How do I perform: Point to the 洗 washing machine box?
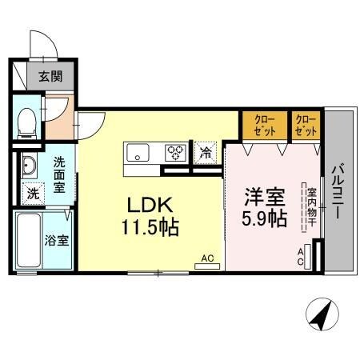[32, 192]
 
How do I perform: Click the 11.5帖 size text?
[150, 226]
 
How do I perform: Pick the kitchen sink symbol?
[137, 150]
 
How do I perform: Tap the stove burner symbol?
[175, 150]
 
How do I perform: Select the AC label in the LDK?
[207, 258]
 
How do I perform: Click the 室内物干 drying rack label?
[310, 206]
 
